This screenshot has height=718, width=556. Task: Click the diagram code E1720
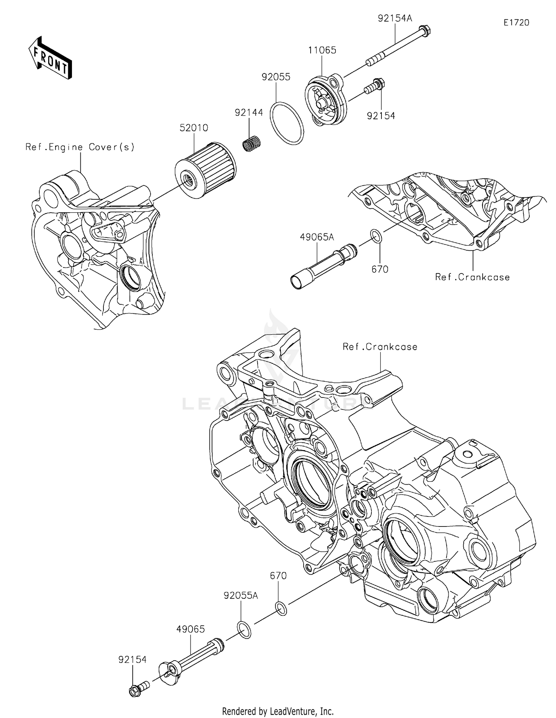point(516,23)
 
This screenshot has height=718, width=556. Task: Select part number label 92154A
point(395,18)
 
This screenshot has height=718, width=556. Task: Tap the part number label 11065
point(322,50)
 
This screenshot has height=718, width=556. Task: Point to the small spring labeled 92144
point(252,143)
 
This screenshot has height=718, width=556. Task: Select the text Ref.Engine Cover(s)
point(80,147)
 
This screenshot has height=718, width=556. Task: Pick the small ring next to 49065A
point(375,236)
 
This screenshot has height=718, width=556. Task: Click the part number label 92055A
point(241,595)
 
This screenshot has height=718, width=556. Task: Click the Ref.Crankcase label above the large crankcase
point(380,347)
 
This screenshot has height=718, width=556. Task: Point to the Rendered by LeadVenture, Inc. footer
point(278,711)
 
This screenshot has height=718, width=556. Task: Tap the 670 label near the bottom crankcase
point(278,576)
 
